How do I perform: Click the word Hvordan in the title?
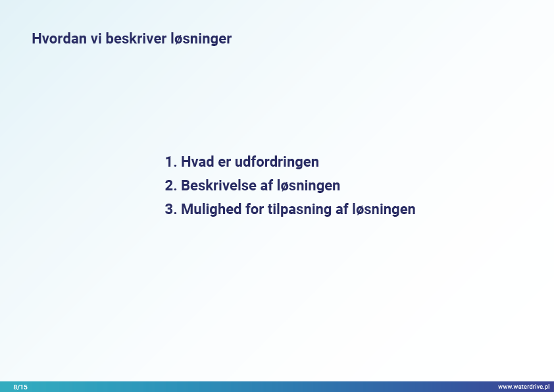[x=59, y=38]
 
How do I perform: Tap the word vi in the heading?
[x=96, y=38]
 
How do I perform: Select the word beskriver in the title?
[x=136, y=38]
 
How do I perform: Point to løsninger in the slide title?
[x=201, y=40]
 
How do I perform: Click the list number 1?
[x=170, y=161]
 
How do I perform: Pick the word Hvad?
[x=197, y=161]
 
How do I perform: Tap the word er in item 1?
[x=224, y=163]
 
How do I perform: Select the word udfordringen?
[x=277, y=162]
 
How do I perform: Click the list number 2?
[x=170, y=185]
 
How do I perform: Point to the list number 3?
[x=170, y=209]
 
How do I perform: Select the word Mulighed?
[x=211, y=210]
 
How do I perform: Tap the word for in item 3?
[x=255, y=209]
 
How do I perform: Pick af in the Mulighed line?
[x=342, y=209]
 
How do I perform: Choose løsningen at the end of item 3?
[x=384, y=210]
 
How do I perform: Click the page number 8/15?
[x=20, y=387]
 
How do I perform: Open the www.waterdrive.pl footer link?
[x=524, y=387]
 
